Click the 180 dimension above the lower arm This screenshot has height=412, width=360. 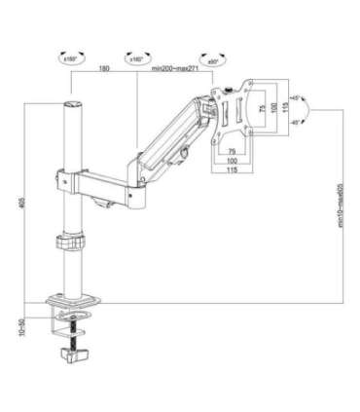(103, 70)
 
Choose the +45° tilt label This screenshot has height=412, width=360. (296, 98)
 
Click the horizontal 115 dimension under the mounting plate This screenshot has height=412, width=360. (234, 171)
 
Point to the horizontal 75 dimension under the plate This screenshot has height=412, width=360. (234, 152)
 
